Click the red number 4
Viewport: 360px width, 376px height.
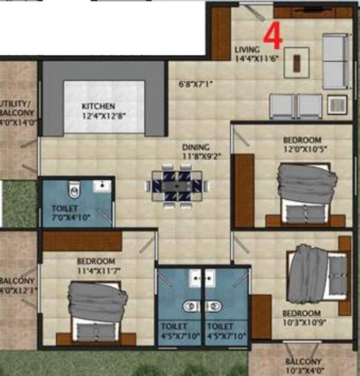[x=272, y=36]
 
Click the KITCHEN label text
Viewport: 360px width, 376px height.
[x=98, y=106]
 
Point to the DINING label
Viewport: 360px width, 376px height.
[x=196, y=147]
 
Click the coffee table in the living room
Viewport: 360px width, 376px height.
[x=296, y=62]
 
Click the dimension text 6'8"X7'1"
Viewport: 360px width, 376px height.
[x=196, y=83]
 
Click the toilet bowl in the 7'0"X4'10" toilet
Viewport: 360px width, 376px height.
[x=74, y=189]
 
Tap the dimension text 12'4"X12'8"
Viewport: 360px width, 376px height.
[x=98, y=116]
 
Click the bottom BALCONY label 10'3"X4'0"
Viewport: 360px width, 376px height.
[x=303, y=366]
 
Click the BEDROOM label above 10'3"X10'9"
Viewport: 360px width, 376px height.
[x=301, y=313]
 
